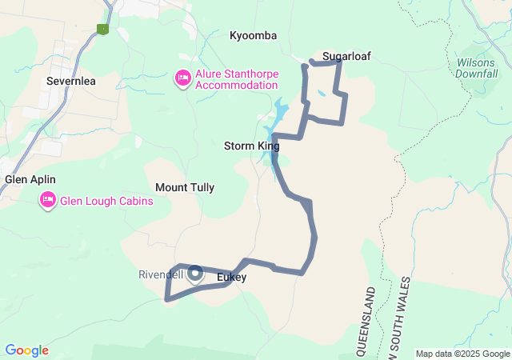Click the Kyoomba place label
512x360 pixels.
point(253,36)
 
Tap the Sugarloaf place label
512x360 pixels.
point(346,56)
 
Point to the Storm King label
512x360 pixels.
point(251,146)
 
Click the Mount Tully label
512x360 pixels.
point(185,187)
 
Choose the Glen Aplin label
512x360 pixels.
point(30,179)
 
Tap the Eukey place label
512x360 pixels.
point(231,277)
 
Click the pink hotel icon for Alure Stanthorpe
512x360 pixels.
point(182,78)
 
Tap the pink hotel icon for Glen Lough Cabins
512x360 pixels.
point(46,200)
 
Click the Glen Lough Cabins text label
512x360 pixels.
point(106,200)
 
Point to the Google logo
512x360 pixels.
point(26,350)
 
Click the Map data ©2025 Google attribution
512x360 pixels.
point(462,354)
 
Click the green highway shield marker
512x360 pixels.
point(102,29)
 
